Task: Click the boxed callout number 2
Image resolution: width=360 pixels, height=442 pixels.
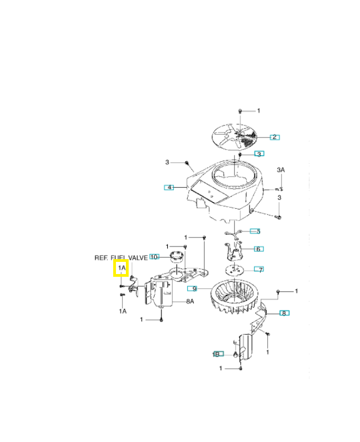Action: (x=274, y=136)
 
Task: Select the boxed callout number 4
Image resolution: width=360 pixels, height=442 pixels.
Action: (x=169, y=187)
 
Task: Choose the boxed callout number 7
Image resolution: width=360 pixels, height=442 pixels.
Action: (x=258, y=270)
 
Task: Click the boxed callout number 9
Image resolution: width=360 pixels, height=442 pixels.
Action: (x=192, y=288)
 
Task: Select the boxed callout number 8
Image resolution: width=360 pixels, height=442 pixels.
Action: (x=284, y=313)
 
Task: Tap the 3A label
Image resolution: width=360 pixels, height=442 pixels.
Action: (x=280, y=170)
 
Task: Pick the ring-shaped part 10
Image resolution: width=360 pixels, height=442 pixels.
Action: (x=177, y=257)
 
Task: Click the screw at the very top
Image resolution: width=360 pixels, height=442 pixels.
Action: (x=241, y=111)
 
